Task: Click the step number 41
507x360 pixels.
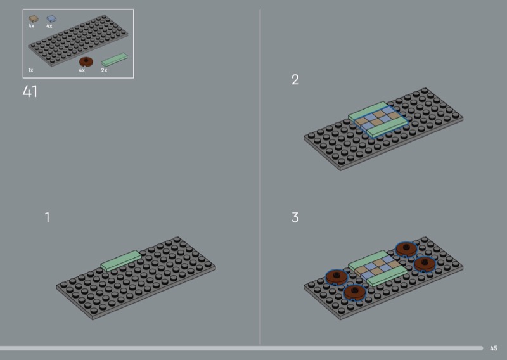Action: click(x=30, y=91)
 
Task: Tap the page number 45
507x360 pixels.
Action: click(x=494, y=348)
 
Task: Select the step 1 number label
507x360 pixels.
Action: click(x=47, y=217)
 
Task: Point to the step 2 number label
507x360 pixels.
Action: click(x=295, y=80)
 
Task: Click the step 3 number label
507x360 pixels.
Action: click(x=295, y=217)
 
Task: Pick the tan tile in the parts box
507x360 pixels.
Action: click(x=34, y=19)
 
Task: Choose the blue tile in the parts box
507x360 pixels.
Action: click(x=51, y=19)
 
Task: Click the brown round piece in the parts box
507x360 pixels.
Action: click(x=86, y=61)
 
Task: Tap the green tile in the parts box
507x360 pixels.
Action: click(x=115, y=60)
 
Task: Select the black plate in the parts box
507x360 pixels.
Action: click(x=78, y=41)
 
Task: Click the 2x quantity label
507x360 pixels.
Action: click(x=104, y=70)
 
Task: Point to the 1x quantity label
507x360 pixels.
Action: click(x=30, y=70)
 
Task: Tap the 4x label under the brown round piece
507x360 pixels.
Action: click(x=82, y=70)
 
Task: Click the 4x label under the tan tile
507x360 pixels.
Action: click(x=31, y=26)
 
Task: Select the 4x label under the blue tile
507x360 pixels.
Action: click(x=49, y=26)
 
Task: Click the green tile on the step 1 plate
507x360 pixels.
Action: click(x=121, y=260)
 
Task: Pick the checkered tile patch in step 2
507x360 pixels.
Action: click(x=378, y=119)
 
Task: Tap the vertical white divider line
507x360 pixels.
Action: click(x=260, y=177)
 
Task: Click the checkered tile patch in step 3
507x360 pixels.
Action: click(x=376, y=267)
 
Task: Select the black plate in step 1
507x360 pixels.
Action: click(x=136, y=278)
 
